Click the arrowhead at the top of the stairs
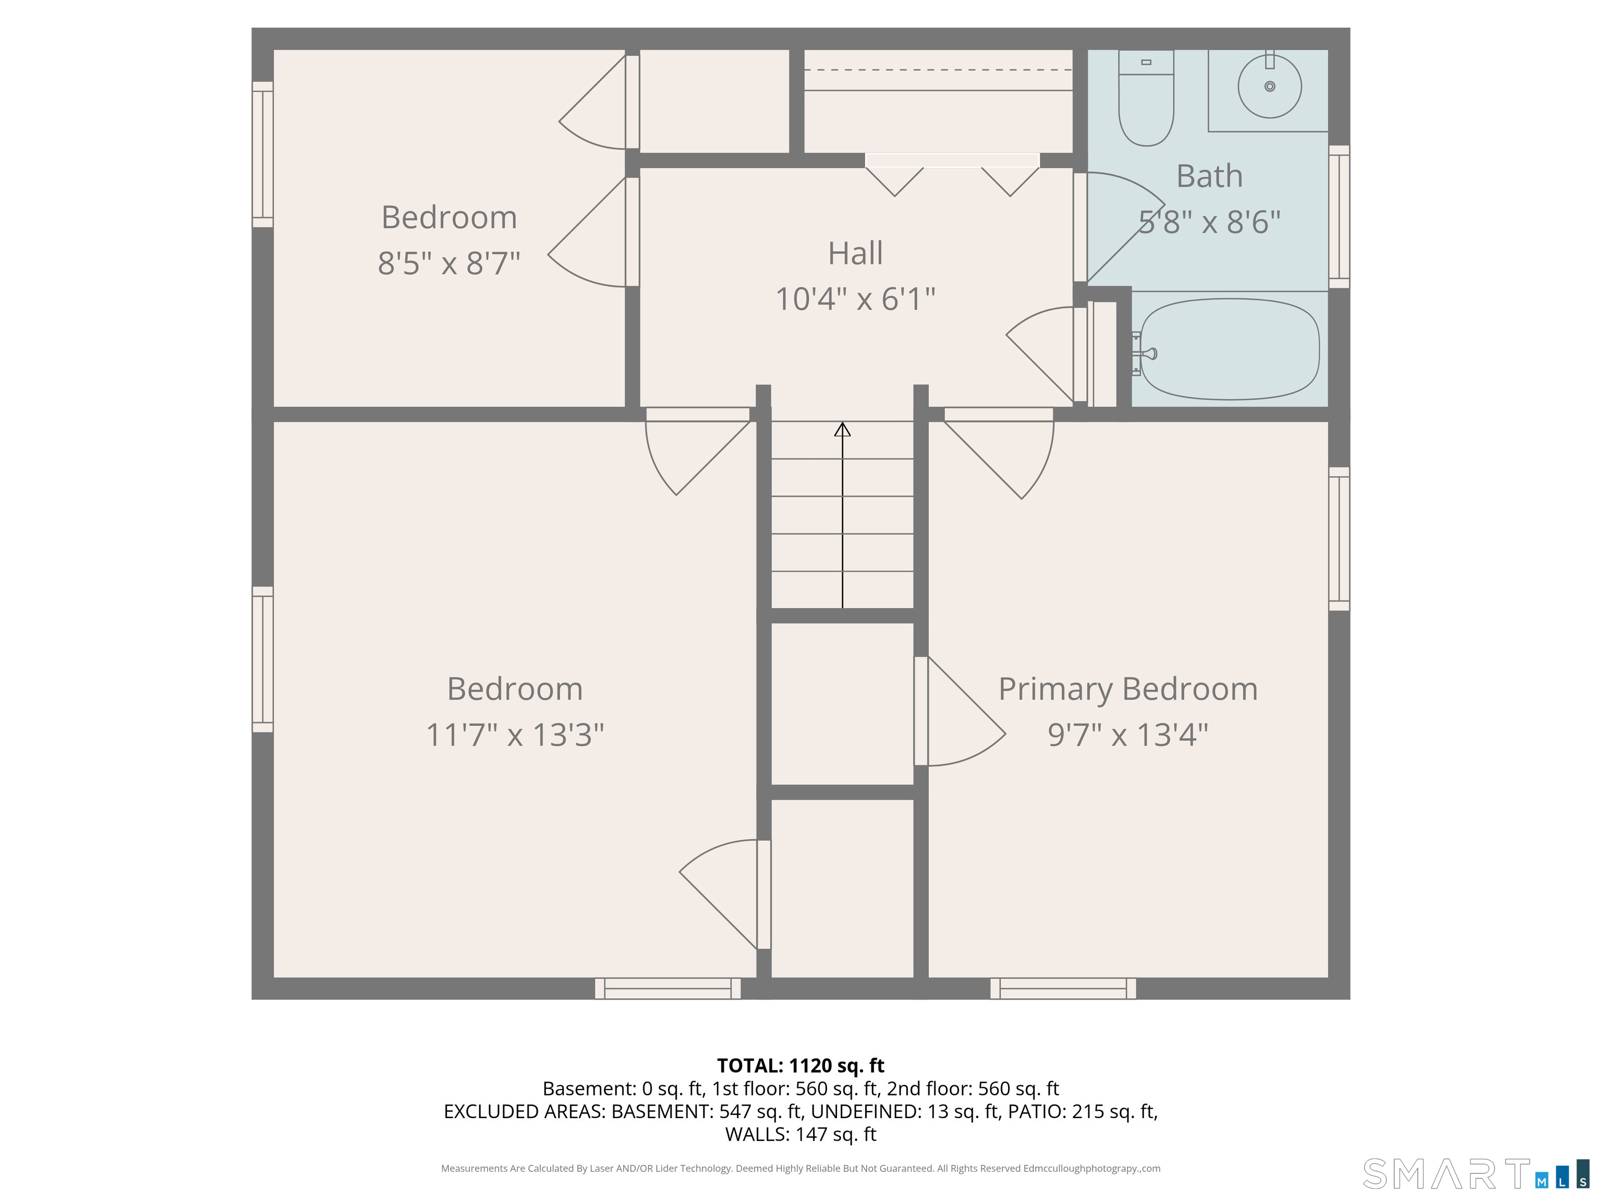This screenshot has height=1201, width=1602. (842, 430)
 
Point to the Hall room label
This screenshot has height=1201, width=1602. (855, 253)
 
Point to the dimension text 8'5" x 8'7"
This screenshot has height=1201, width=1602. (449, 263)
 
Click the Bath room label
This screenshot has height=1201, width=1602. (1209, 176)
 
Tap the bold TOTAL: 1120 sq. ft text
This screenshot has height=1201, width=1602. (800, 1065)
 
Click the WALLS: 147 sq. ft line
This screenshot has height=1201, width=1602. (800, 1134)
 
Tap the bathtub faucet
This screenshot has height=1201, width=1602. (1146, 354)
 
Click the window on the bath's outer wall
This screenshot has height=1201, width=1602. (1339, 216)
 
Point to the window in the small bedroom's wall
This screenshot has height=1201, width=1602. (263, 154)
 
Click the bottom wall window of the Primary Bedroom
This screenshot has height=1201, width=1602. (1063, 989)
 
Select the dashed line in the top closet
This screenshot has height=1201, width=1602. (938, 69)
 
